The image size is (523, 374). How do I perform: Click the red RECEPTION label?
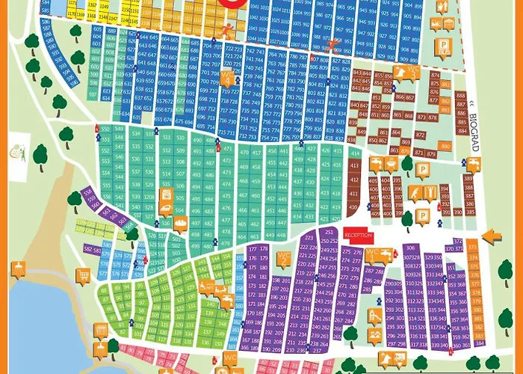coord(358,235)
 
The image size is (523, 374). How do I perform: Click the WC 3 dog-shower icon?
coord(413,73)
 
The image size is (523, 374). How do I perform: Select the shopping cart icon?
coord(83,275)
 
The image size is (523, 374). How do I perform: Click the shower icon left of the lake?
coord(17,268)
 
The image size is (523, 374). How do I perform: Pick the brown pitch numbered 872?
coord(423,117)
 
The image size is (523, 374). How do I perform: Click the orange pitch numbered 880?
coord(445,146)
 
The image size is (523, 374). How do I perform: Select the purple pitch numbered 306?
coord(411,248)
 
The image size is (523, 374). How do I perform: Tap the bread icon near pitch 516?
coord(180,223)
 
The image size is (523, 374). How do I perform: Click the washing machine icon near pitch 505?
coord(167,197)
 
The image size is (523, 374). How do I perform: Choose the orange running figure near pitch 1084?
coord(225,31)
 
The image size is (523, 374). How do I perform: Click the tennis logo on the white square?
coord(16,152)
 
